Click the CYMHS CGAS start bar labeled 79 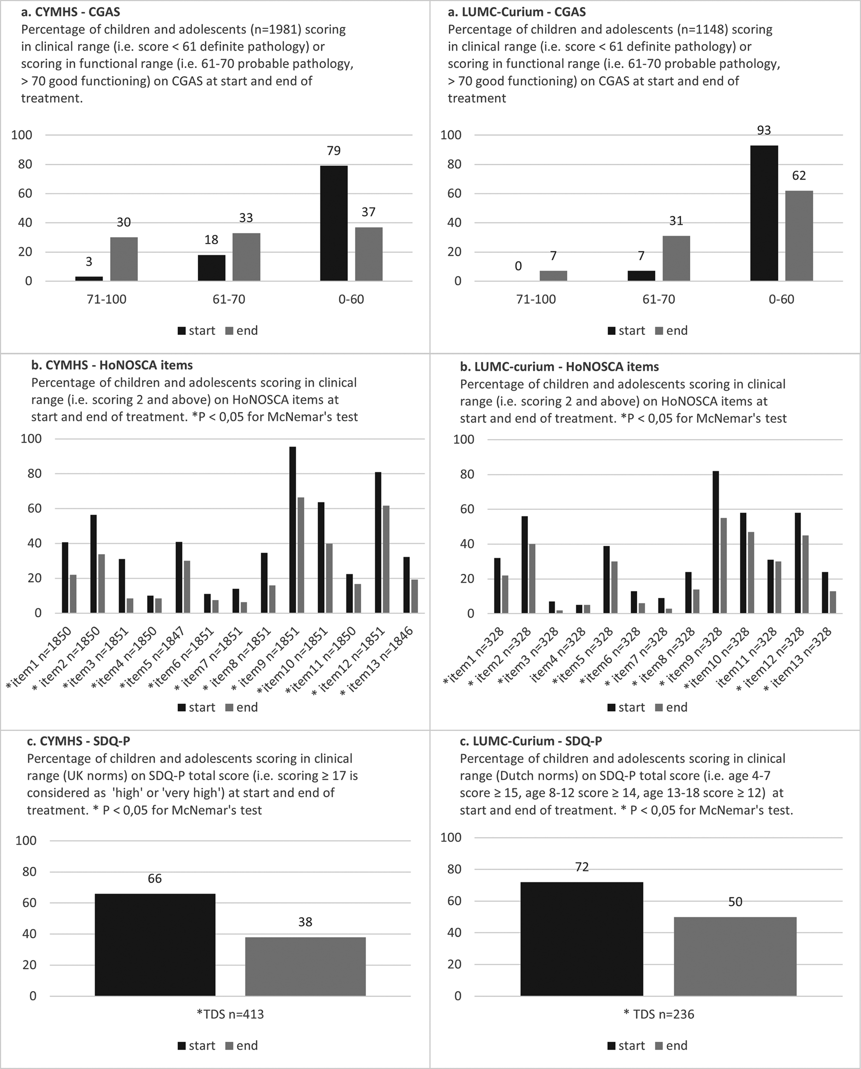point(333,223)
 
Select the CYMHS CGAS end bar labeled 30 point(123,259)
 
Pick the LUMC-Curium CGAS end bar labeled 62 point(799,236)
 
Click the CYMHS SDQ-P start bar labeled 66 point(155,945)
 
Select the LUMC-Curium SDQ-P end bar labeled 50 point(735,956)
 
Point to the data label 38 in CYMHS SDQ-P point(305,922)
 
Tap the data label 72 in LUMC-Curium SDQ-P point(582,867)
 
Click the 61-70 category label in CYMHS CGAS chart point(229,299)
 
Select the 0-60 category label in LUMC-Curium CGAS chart point(781,299)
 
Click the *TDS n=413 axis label point(230,1014)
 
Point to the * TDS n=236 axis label point(659,1014)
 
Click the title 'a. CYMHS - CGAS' point(70,12)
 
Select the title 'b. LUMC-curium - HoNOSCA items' point(559,367)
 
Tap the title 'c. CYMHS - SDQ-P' point(78,741)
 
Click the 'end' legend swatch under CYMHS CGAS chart point(229,331)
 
